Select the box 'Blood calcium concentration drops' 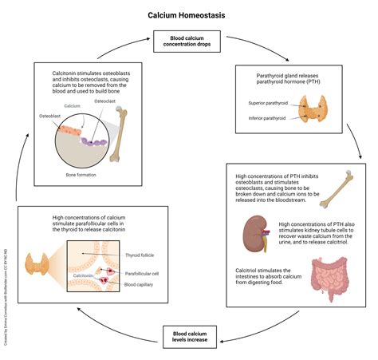(188, 41)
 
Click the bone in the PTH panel (351, 185)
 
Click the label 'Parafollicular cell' (143, 273)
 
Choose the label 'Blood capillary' (140, 283)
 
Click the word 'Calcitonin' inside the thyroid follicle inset (84, 275)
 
